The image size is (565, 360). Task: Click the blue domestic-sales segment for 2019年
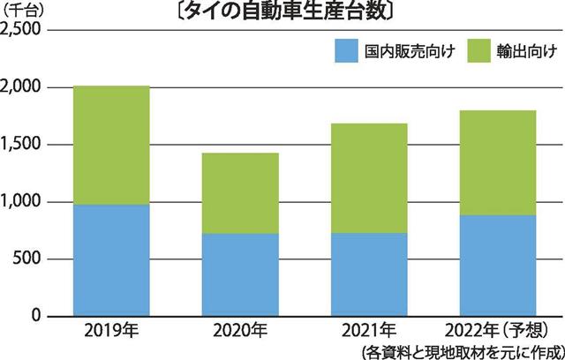(x=110, y=260)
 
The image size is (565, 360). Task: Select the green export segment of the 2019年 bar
(x=110, y=145)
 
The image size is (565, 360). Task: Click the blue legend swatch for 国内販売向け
(x=344, y=52)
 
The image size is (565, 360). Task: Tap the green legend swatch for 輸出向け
(x=478, y=52)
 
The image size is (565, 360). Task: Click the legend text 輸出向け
(x=527, y=52)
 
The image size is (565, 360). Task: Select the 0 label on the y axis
(x=37, y=315)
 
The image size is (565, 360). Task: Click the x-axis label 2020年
(x=239, y=332)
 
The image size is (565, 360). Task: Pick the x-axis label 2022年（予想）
(x=501, y=332)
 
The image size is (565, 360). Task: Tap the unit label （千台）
(x=29, y=11)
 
